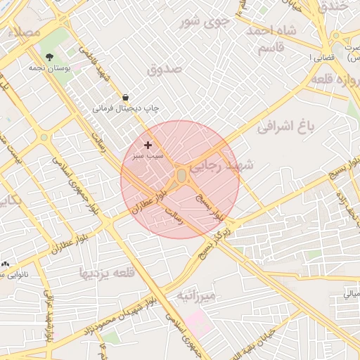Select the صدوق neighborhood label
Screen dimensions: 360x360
click(x=165, y=69)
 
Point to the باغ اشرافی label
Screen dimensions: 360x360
click(x=284, y=127)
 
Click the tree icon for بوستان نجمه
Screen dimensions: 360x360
click(x=49, y=57)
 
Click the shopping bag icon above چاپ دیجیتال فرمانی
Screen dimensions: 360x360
click(x=125, y=97)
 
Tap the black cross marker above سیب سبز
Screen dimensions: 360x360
click(x=148, y=144)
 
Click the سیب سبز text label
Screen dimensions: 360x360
click(x=149, y=155)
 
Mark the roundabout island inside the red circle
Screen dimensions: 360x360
click(x=181, y=174)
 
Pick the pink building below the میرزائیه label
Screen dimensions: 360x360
click(x=198, y=322)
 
